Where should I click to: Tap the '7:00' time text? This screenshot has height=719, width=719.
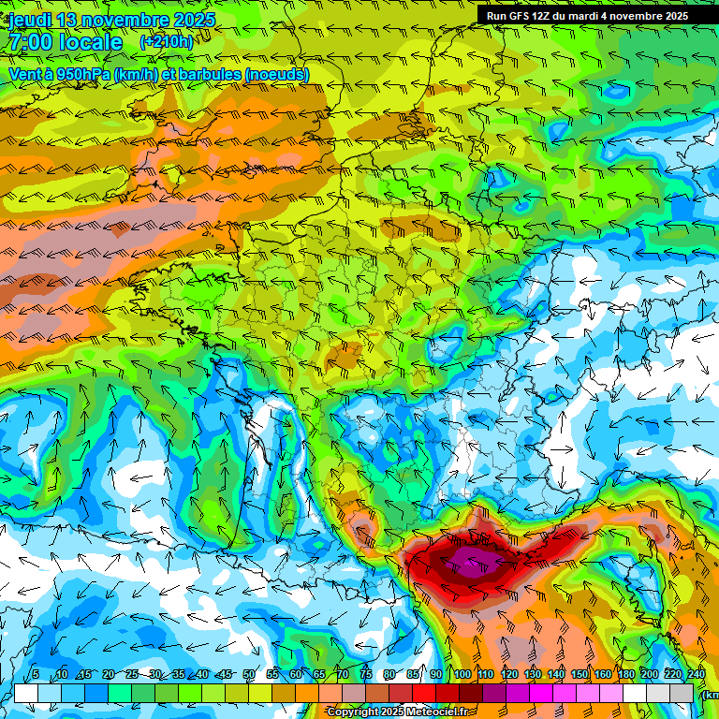pos(30,42)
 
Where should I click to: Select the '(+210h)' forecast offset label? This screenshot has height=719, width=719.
pos(166,42)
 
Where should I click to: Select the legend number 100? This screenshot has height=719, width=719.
pos(462,674)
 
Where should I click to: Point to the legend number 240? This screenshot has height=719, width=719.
pos(696,674)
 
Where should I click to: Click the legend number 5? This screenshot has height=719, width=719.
pos(36,674)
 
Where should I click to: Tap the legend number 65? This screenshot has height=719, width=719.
pos(319,674)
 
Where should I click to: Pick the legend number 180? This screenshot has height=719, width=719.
pos(625,674)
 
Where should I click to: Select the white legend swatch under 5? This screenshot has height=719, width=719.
pos(26,693)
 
